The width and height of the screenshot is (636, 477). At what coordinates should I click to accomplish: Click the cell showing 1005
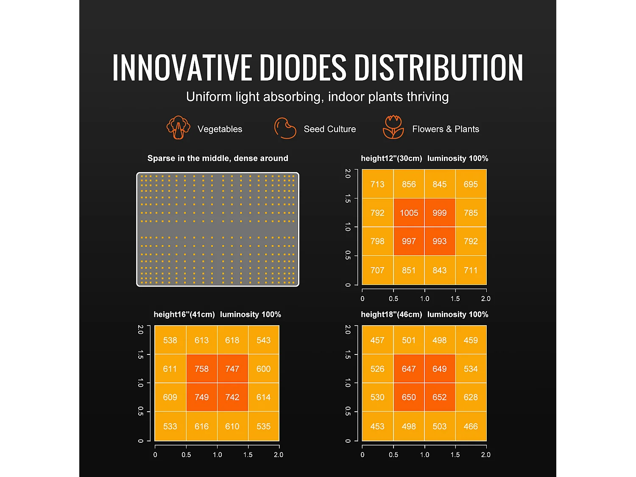tap(409, 213)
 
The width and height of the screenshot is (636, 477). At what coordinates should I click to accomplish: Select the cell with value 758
tap(201, 369)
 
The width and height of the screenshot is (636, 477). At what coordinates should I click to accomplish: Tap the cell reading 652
tap(439, 397)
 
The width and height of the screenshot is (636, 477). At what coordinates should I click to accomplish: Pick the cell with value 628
tap(471, 397)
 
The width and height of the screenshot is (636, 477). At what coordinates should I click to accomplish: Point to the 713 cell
tap(377, 184)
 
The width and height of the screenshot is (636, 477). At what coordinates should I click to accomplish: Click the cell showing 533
tap(170, 426)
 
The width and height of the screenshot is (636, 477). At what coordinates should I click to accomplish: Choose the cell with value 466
tap(471, 426)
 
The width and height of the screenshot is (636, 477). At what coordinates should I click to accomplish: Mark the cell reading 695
tap(471, 184)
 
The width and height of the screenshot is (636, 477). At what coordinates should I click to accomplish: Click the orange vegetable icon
tap(178, 127)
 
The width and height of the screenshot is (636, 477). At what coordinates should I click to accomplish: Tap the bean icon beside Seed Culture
tap(285, 128)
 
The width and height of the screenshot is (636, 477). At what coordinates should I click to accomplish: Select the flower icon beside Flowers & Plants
tap(393, 127)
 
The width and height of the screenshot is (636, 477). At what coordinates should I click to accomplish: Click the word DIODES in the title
tap(302, 67)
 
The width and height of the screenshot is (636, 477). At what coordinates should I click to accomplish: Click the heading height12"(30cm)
tap(391, 159)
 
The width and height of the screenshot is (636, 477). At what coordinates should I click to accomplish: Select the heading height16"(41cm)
tap(184, 315)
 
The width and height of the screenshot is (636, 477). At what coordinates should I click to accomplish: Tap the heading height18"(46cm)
tap(391, 315)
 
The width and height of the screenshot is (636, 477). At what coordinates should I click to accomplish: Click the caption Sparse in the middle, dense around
tap(218, 159)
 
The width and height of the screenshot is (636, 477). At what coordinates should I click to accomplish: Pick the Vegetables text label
tap(220, 129)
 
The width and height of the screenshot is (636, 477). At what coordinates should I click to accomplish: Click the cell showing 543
tap(263, 340)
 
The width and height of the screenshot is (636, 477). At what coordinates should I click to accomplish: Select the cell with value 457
tap(377, 340)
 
